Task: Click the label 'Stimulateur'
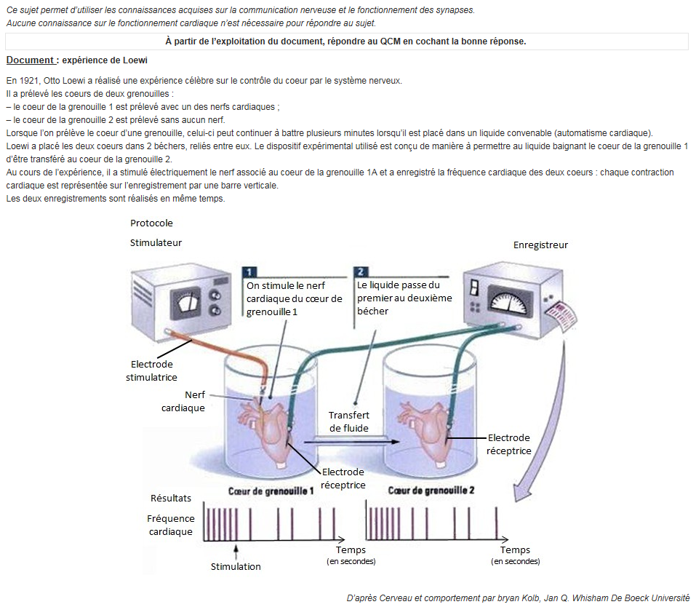pyautogui.click(x=156, y=242)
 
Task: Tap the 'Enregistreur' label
pyautogui.click(x=540, y=245)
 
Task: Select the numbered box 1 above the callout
pyautogui.click(x=250, y=271)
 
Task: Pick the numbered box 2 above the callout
pyautogui.click(x=361, y=271)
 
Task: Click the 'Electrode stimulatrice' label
pyautogui.click(x=151, y=370)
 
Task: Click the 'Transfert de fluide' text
pyautogui.click(x=348, y=421)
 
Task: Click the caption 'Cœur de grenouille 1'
pyautogui.click(x=271, y=491)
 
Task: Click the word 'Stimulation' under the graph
pyautogui.click(x=236, y=566)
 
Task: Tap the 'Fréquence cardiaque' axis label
pyautogui.click(x=171, y=525)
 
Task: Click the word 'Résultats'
pyautogui.click(x=171, y=498)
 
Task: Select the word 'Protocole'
pyautogui.click(x=151, y=223)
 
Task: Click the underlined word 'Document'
pyautogui.click(x=29, y=60)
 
